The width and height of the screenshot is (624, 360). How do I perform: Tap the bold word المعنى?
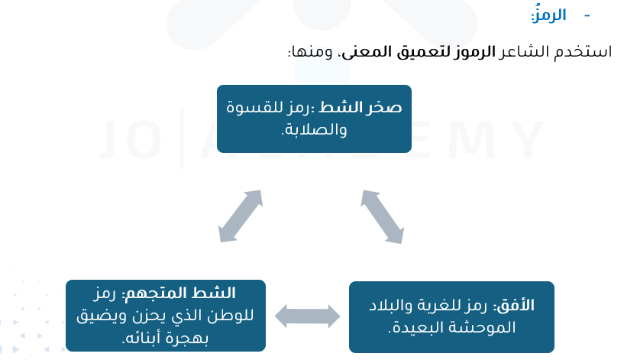coord(367,53)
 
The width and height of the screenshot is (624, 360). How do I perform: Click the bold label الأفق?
coord(518,306)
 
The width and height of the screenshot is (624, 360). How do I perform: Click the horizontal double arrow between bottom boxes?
coord(308,314)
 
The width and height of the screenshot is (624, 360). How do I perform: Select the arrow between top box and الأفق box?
coord(382,217)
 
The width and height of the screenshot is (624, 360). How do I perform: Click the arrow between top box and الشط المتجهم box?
coord(241,216)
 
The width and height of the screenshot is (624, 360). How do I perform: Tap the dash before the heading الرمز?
coord(587,15)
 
